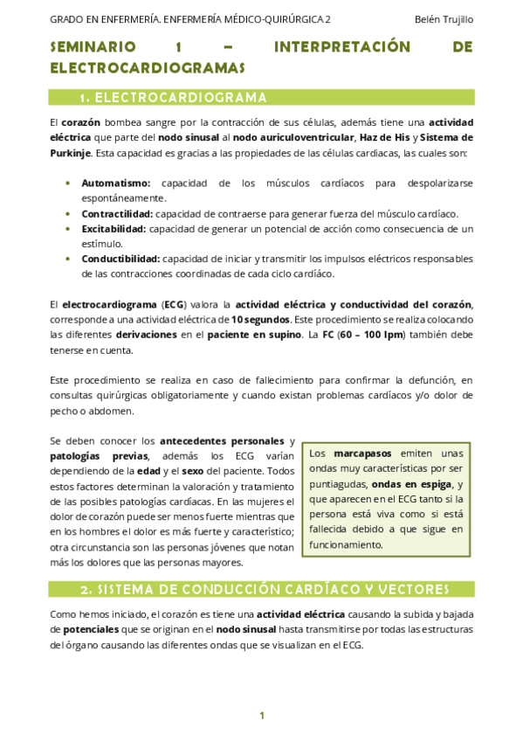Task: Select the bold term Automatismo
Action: pyautogui.click(x=116, y=184)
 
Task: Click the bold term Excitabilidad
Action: pyautogui.click(x=114, y=229)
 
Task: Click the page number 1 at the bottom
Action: pyautogui.click(x=261, y=716)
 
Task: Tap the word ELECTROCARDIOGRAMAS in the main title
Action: pyautogui.click(x=148, y=67)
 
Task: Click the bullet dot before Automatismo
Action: pyautogui.click(x=69, y=184)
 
